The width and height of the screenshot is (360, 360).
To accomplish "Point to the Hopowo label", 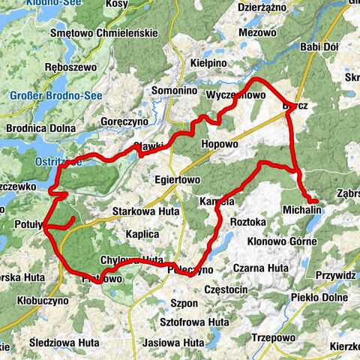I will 220,142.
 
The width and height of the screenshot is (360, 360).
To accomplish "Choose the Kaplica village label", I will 142,234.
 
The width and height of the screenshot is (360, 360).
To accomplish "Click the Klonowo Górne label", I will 284,241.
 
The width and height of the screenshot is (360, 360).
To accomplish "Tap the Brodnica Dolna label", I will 40,128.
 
